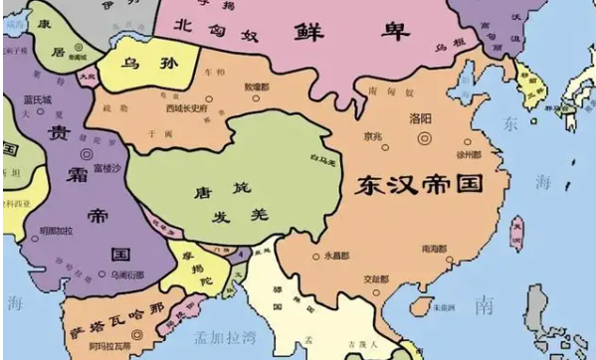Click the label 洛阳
421,117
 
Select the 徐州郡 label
469,155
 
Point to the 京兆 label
373,136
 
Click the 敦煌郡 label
257,88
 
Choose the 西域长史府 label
186,107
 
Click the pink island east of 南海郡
515,234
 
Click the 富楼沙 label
106,170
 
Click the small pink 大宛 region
89,75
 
